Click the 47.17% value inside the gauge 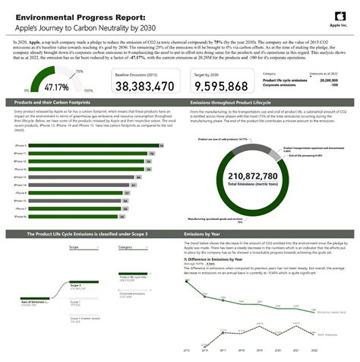[35, 86]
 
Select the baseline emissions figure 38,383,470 [144, 86]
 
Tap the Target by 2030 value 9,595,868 [216, 86]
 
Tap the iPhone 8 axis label [21, 192]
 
